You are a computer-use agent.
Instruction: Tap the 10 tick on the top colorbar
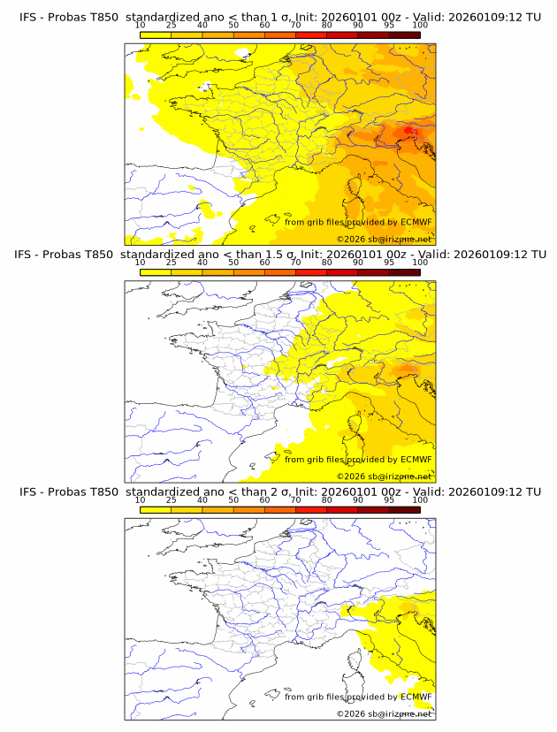(x=141, y=26)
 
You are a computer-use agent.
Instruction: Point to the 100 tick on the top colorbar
(x=420, y=26)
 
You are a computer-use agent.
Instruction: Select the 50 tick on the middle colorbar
(x=233, y=263)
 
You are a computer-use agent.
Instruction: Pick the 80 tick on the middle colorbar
(x=327, y=263)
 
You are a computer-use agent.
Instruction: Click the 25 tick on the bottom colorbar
(x=171, y=499)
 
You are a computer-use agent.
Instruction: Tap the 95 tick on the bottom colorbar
(x=389, y=499)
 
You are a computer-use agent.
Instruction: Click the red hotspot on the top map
(x=408, y=132)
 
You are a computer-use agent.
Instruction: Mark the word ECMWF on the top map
(x=416, y=222)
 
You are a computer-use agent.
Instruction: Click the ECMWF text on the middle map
(x=416, y=459)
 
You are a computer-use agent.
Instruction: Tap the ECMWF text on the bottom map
(x=416, y=696)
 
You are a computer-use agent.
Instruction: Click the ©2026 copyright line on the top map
(x=384, y=240)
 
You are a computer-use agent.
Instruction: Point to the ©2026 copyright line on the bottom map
(x=384, y=713)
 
